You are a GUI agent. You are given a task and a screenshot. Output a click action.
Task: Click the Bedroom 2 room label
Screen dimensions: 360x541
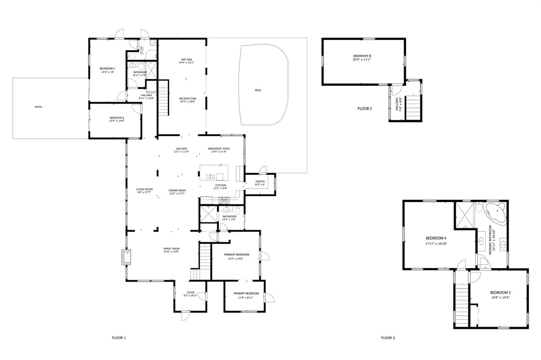(x=107, y=68)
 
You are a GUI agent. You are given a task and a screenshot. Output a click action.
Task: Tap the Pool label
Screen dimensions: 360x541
(x=258, y=90)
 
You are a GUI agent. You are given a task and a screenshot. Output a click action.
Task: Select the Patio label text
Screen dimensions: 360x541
(x=38, y=107)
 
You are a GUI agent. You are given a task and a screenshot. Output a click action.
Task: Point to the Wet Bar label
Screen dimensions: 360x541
(x=186, y=60)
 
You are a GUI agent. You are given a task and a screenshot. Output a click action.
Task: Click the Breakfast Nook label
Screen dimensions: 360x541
(x=219, y=149)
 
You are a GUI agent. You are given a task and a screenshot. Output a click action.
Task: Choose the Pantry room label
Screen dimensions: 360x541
(x=260, y=181)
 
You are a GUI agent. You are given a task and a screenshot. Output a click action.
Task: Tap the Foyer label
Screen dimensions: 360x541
(x=190, y=292)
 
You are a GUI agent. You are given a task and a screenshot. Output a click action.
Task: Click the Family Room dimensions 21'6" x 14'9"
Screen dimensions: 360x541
(x=172, y=252)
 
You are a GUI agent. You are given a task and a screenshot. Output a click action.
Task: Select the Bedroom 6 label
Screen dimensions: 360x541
(x=362, y=56)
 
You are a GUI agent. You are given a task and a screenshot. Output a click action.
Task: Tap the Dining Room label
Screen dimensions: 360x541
(x=177, y=190)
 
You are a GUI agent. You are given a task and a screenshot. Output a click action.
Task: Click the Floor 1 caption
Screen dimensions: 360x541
(x=119, y=337)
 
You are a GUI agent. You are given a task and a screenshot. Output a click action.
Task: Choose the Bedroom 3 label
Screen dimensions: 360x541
(x=117, y=118)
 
